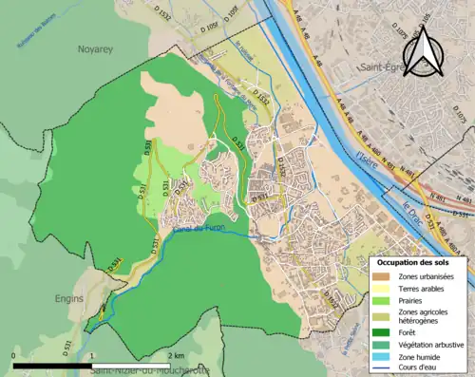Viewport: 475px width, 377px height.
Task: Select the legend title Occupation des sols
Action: [x=413, y=261]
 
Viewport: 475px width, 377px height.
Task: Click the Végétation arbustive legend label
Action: [x=430, y=346]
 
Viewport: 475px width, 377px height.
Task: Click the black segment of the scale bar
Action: [x=53, y=365]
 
